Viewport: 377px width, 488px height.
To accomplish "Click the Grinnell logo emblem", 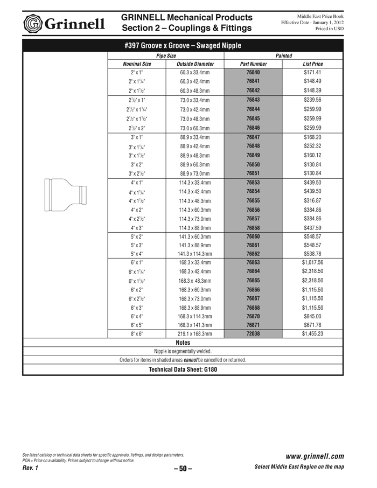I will (x=33, y=23).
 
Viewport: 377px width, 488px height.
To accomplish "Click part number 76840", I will (x=253, y=72).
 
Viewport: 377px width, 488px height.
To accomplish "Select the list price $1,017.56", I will (x=312, y=262).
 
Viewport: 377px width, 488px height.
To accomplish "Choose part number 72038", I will (x=253, y=334).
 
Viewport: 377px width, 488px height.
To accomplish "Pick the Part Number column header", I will (x=253, y=64).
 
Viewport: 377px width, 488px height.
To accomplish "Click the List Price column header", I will (x=312, y=64).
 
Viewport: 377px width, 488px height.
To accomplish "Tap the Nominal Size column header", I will (x=137, y=64).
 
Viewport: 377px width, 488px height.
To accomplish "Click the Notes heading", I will (x=184, y=342).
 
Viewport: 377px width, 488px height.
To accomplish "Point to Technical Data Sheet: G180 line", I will (x=183, y=370).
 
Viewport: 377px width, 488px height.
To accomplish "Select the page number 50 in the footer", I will (x=183, y=469).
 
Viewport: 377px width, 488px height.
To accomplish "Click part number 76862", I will (x=253, y=253).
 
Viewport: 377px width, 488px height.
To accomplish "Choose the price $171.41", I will (x=312, y=72).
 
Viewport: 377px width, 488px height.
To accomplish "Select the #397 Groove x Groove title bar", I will (x=183, y=45).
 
